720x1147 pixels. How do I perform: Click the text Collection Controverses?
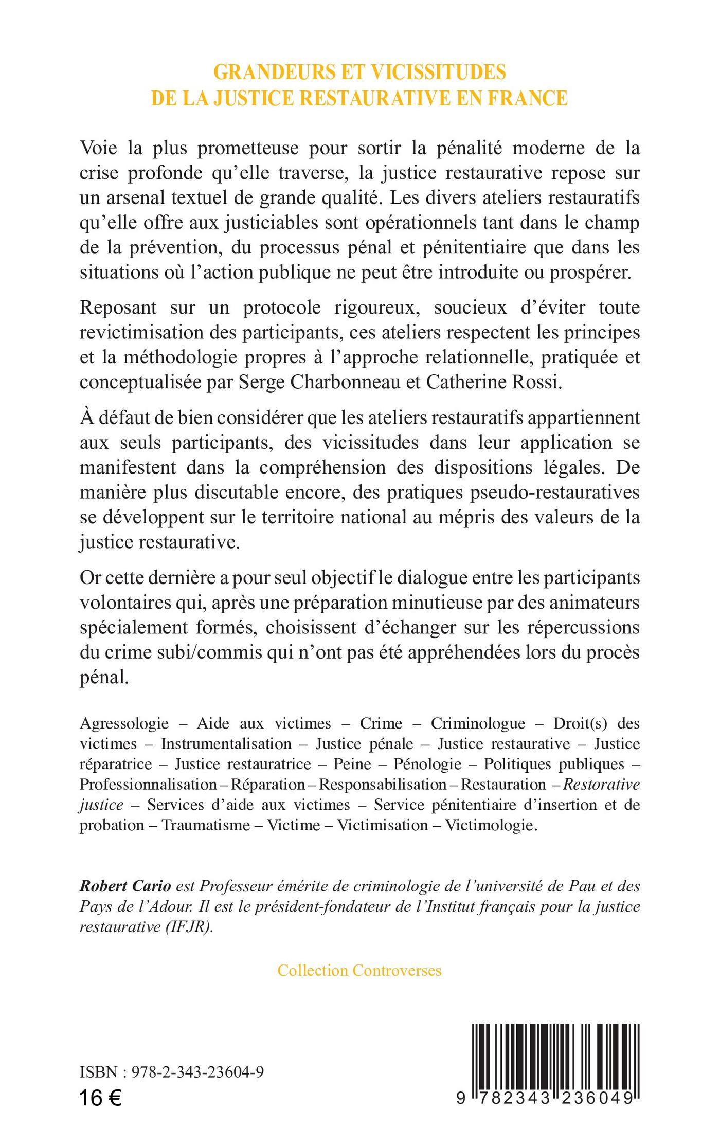click(x=359, y=970)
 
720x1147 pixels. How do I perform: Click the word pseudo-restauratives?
click(x=557, y=492)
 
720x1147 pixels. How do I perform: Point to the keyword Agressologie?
click(x=124, y=723)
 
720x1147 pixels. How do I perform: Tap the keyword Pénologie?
click(x=427, y=764)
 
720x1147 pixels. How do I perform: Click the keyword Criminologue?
click(x=478, y=723)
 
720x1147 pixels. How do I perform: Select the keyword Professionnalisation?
click(x=148, y=785)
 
